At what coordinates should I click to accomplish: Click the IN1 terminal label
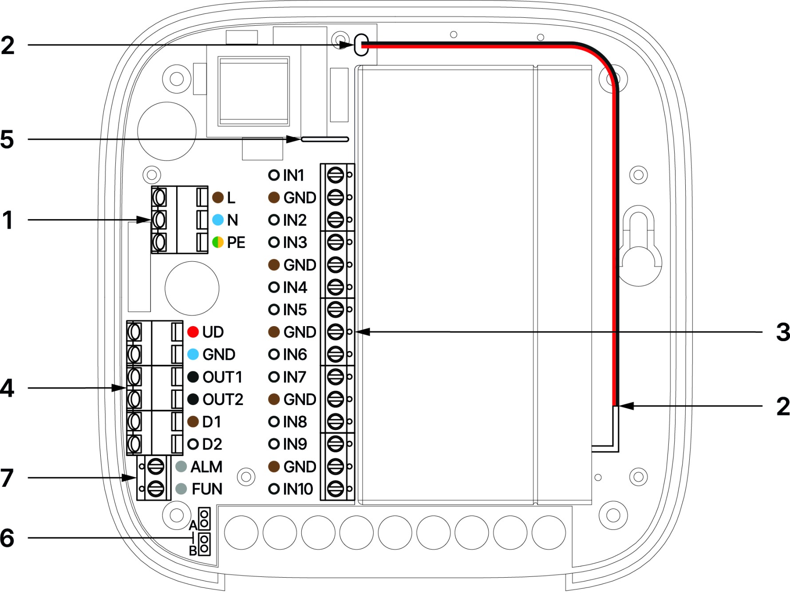point(293,175)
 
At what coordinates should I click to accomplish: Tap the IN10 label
point(298,489)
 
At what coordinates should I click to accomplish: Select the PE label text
point(236,242)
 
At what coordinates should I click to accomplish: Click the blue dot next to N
point(218,220)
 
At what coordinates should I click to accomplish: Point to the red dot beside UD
point(193,332)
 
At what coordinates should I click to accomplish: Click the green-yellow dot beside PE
point(218,242)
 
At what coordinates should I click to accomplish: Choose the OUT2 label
point(223,399)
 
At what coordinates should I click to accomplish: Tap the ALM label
point(206,467)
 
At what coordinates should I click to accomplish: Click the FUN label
point(207,489)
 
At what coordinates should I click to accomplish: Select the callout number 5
point(7,139)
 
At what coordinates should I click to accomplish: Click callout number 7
point(7,478)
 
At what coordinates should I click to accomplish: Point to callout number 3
point(783,332)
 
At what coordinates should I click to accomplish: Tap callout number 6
point(7,538)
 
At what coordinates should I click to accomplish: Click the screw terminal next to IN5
point(336,309)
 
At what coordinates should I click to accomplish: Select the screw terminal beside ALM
point(155,467)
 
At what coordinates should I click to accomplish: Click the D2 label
point(212,444)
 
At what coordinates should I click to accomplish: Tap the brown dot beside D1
point(193,422)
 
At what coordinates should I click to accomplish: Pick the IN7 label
point(294,377)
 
